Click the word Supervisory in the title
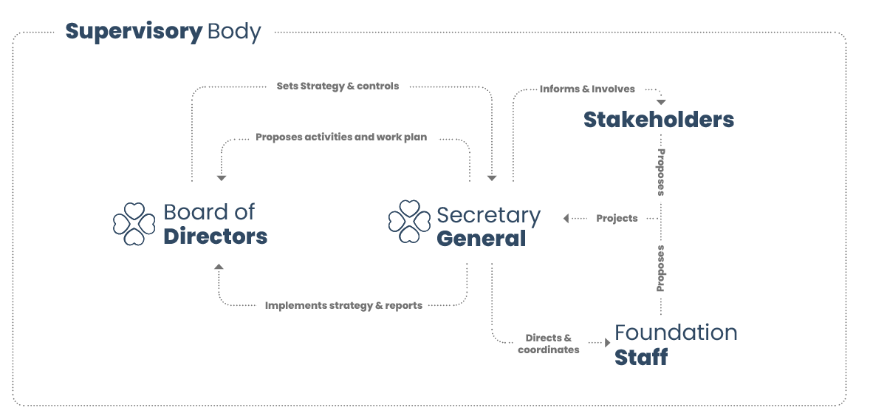coord(133,32)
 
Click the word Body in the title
coord(234,32)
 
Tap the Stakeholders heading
coord(659,120)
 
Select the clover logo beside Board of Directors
coord(134,224)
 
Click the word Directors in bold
coord(215,237)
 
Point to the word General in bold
coord(481,239)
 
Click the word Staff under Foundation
coord(641,357)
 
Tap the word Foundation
coord(676,333)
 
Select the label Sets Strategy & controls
coord(338,86)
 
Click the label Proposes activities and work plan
coord(341,137)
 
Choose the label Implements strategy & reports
coord(343,305)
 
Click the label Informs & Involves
coord(587,89)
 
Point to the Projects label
coord(617,219)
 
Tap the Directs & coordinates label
coord(549,344)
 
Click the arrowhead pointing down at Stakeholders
coord(661,100)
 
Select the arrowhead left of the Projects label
coord(566,219)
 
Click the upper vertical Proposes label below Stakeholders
coord(661,171)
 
